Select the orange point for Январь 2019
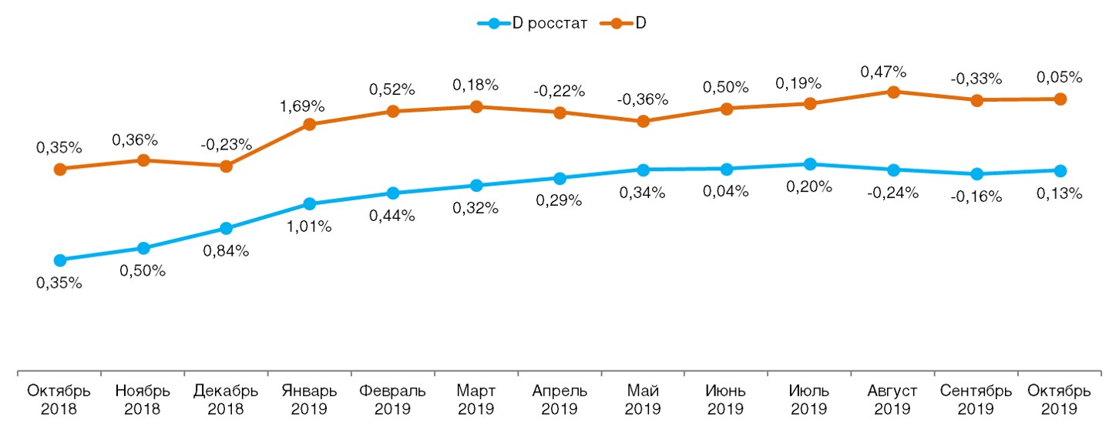click(x=309, y=124)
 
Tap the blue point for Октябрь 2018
click(x=59, y=260)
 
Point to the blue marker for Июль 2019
click(x=810, y=164)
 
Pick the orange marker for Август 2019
click(x=893, y=92)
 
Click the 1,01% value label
click(x=309, y=226)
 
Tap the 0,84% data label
click(x=226, y=251)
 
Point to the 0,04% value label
click(x=726, y=192)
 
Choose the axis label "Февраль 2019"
click(x=392, y=399)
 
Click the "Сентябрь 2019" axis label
click(x=976, y=399)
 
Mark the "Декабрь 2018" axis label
click(x=226, y=399)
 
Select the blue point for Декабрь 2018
click(x=226, y=229)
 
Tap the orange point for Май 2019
click(x=644, y=121)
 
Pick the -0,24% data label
click(x=893, y=193)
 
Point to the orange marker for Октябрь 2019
click(x=1060, y=99)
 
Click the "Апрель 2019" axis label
click(x=559, y=399)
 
